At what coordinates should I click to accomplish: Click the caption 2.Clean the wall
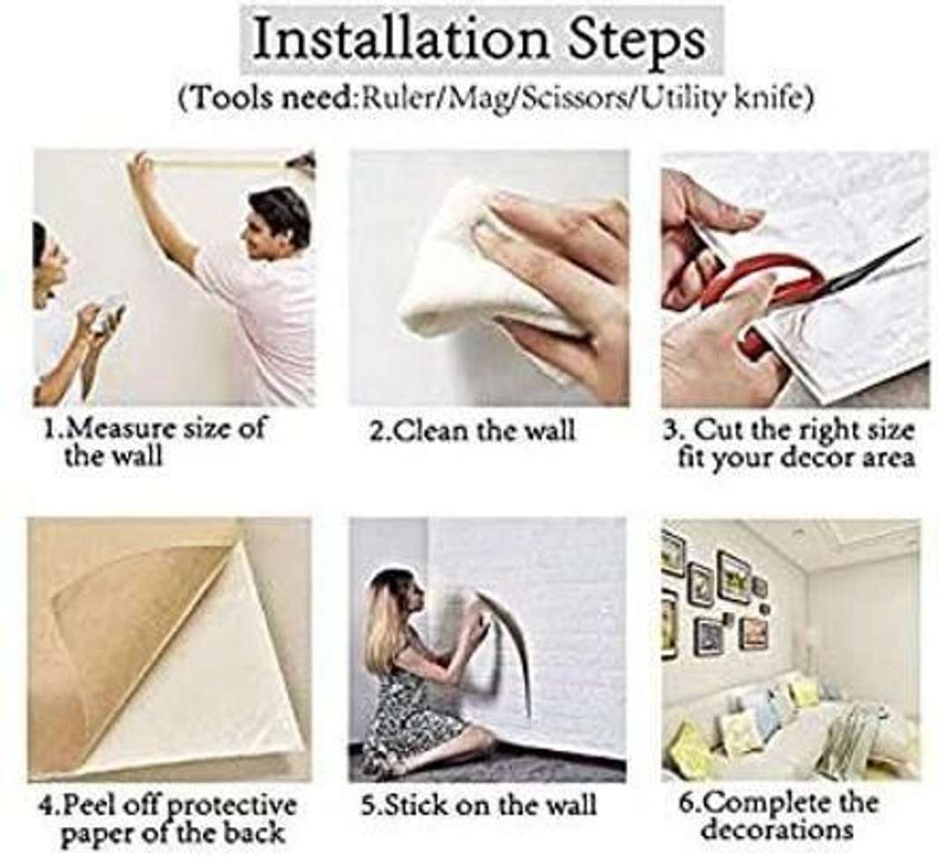pos(472,429)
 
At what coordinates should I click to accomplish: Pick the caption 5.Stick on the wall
pos(480,804)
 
